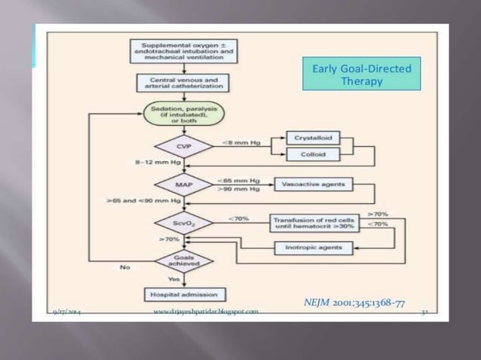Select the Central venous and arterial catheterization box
click(x=184, y=84)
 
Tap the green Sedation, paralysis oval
click(x=184, y=114)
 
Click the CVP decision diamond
click(x=184, y=146)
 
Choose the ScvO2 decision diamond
click(x=184, y=223)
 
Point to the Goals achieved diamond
click(x=184, y=261)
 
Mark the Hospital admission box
click(x=184, y=294)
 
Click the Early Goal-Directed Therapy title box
click(x=361, y=74)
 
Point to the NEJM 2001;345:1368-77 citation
click(x=354, y=303)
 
